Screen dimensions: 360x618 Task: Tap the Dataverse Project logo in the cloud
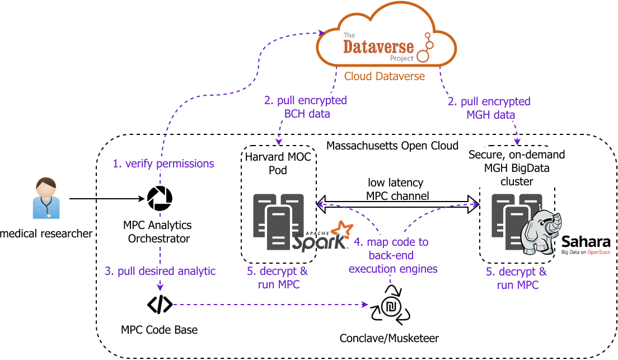(x=386, y=47)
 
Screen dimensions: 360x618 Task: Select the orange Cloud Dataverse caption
(x=384, y=76)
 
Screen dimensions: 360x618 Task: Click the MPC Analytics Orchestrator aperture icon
(x=160, y=197)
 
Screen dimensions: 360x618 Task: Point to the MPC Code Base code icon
(x=160, y=304)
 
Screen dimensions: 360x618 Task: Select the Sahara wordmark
(x=585, y=242)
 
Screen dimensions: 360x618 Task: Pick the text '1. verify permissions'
(x=163, y=163)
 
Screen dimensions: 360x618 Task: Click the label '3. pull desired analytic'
(x=160, y=271)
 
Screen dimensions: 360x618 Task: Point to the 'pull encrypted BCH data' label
(x=305, y=107)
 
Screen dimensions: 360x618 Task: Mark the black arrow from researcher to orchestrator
(x=106, y=198)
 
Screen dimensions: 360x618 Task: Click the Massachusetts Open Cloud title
(x=392, y=146)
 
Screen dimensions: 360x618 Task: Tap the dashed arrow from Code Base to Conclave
(x=269, y=305)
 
